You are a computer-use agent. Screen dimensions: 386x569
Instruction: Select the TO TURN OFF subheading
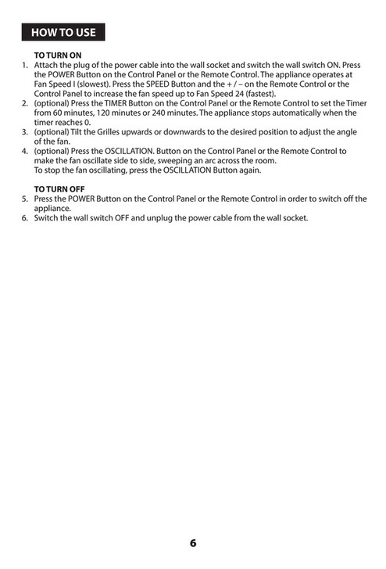pyautogui.click(x=60, y=190)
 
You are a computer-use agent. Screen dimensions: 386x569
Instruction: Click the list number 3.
pyautogui.click(x=24, y=132)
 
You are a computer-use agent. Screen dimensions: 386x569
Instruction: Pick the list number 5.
pyautogui.click(x=24, y=199)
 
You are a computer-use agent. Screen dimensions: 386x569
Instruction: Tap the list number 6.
pyautogui.click(x=24, y=218)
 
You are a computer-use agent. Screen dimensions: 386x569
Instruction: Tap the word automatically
pyautogui.click(x=290, y=113)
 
